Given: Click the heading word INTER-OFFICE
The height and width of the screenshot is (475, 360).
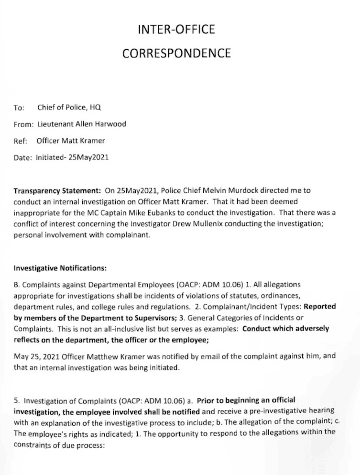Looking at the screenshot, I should (x=176, y=30).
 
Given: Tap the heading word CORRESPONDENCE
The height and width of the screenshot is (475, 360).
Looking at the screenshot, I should (x=176, y=53).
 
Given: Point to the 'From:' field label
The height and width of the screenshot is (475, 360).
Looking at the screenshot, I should (x=23, y=125).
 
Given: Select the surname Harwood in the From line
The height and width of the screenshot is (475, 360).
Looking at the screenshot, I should (x=111, y=125).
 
